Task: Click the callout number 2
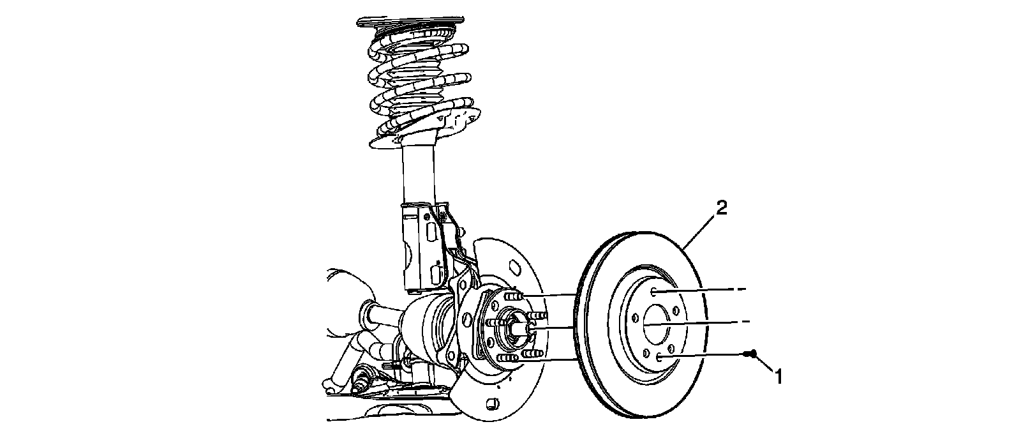coord(720,208)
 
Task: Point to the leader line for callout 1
coord(764,363)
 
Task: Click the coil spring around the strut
coord(418,83)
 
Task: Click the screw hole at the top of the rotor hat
coord(655,292)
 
